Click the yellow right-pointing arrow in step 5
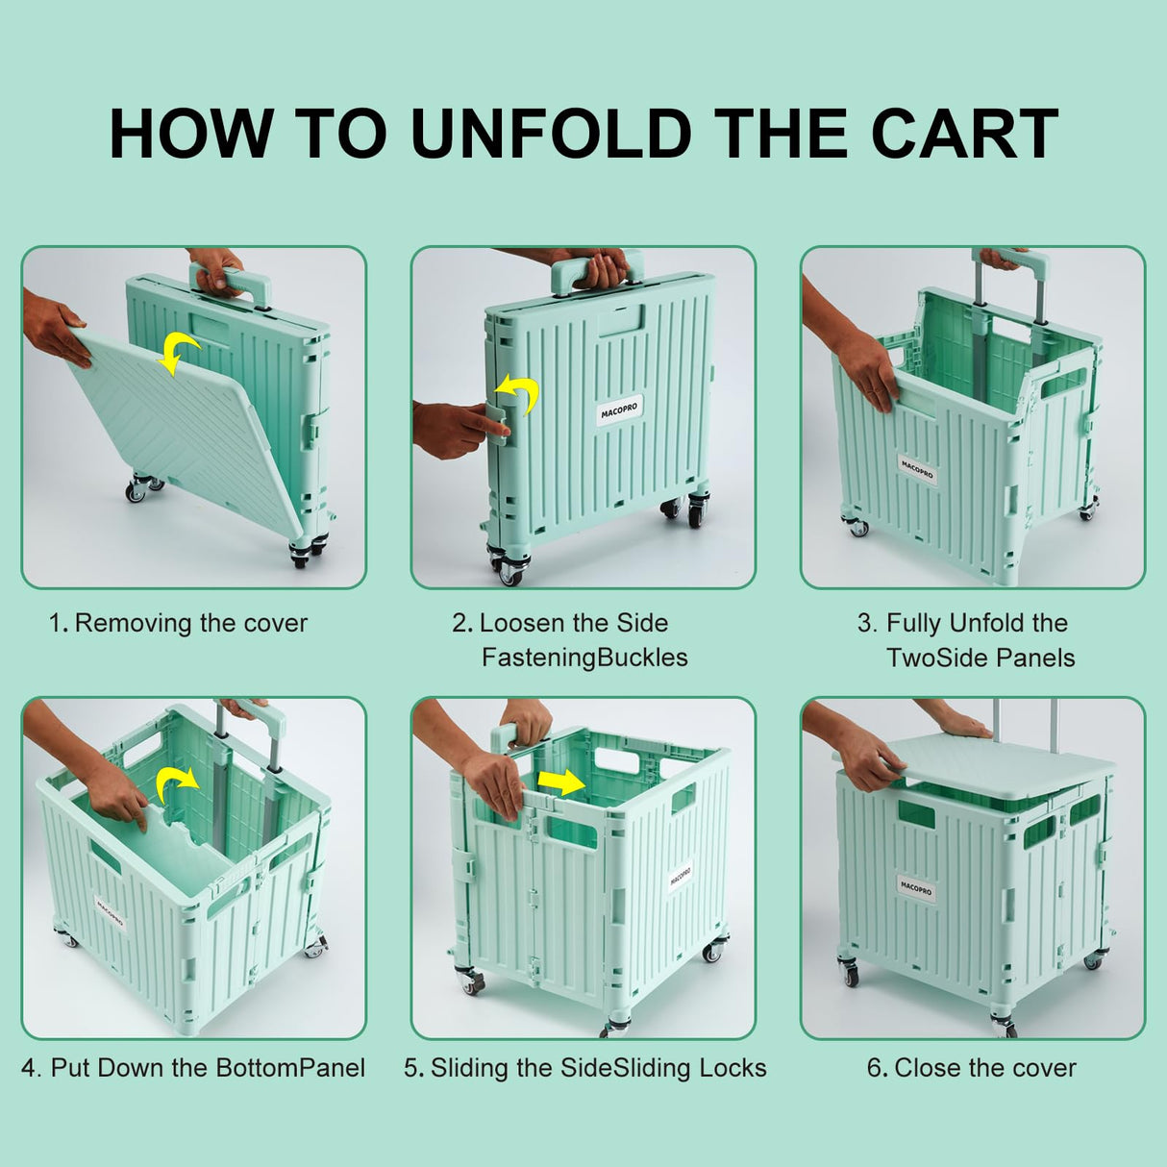point(559,782)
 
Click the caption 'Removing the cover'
point(190,623)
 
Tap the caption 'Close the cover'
point(984,1068)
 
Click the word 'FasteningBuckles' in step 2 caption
point(584,658)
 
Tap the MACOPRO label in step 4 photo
point(110,914)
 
